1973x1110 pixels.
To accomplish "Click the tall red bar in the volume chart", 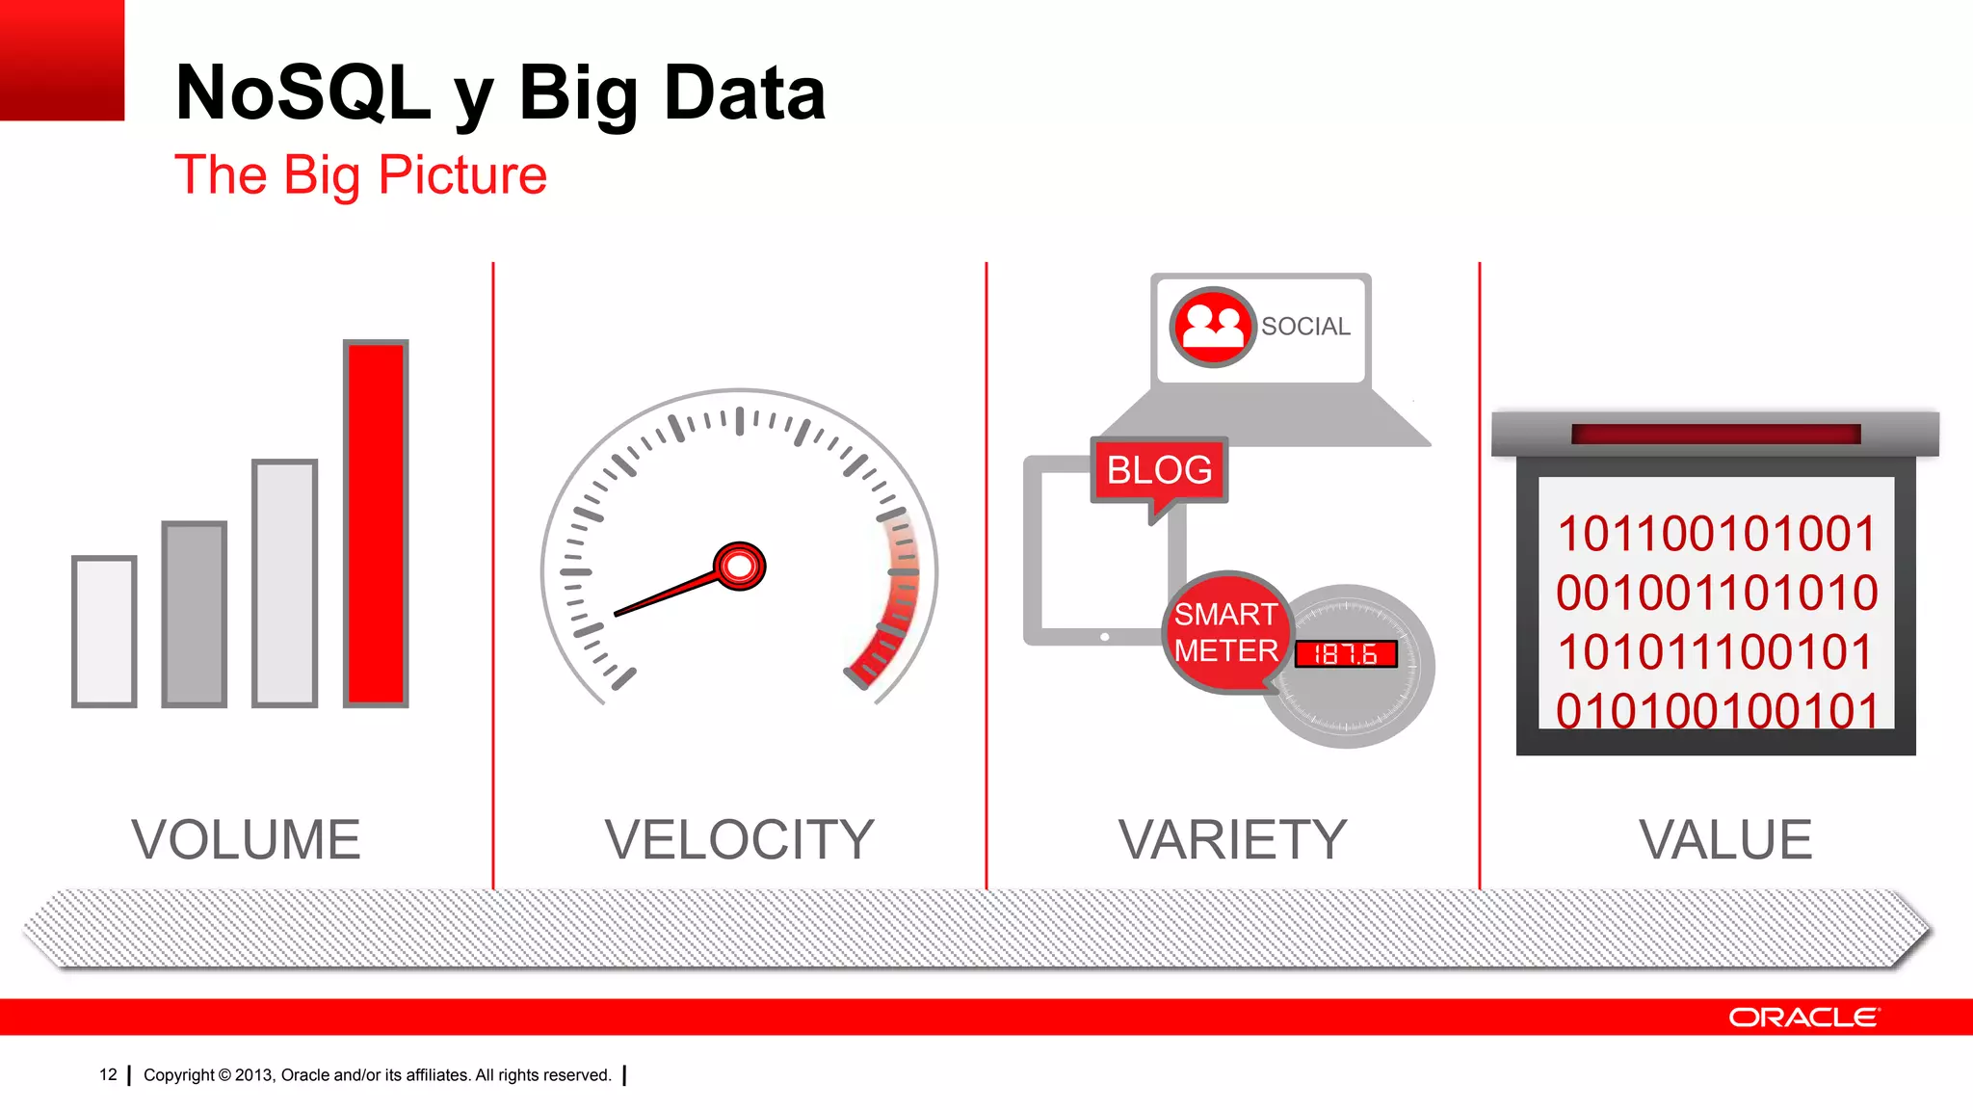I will coord(376,523).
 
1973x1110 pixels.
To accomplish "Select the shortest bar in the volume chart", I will coord(104,631).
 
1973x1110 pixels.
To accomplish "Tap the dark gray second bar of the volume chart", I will coord(194,614).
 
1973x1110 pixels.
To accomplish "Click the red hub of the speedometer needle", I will coord(739,567).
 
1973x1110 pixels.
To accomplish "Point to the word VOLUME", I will coord(246,839).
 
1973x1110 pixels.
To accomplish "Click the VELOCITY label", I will coord(739,839).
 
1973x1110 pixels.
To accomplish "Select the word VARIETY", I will coord(1232,839).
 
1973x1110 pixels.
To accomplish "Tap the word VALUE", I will coord(1725,839).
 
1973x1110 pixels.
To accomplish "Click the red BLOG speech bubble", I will coord(1159,470).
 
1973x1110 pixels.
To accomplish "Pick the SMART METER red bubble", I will coord(1225,632).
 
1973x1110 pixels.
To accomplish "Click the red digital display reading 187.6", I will coord(1345,654).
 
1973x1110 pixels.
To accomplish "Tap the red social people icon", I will coord(1212,327).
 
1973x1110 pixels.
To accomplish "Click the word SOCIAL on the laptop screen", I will coord(1305,327).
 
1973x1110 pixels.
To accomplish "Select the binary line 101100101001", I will coord(1716,534).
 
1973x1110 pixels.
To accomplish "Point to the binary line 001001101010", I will coord(1716,593).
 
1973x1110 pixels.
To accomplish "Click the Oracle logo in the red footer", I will coord(1802,1017).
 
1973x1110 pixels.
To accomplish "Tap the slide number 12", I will coord(108,1074).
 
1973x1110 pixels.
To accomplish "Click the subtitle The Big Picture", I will coord(360,175).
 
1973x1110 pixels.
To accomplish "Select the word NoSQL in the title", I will coord(303,92).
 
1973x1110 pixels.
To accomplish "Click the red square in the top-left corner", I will coord(62,59).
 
